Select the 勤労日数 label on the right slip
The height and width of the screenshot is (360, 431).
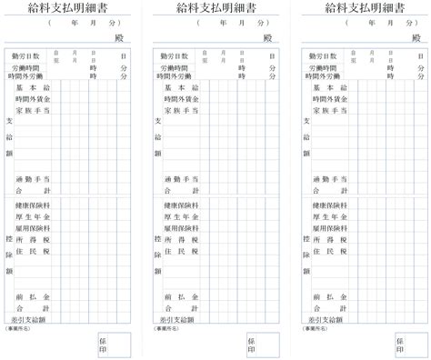pos(326,56)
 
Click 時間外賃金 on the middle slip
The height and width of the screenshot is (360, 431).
pos(180,98)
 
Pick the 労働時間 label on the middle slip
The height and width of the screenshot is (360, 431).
pos(174,67)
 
